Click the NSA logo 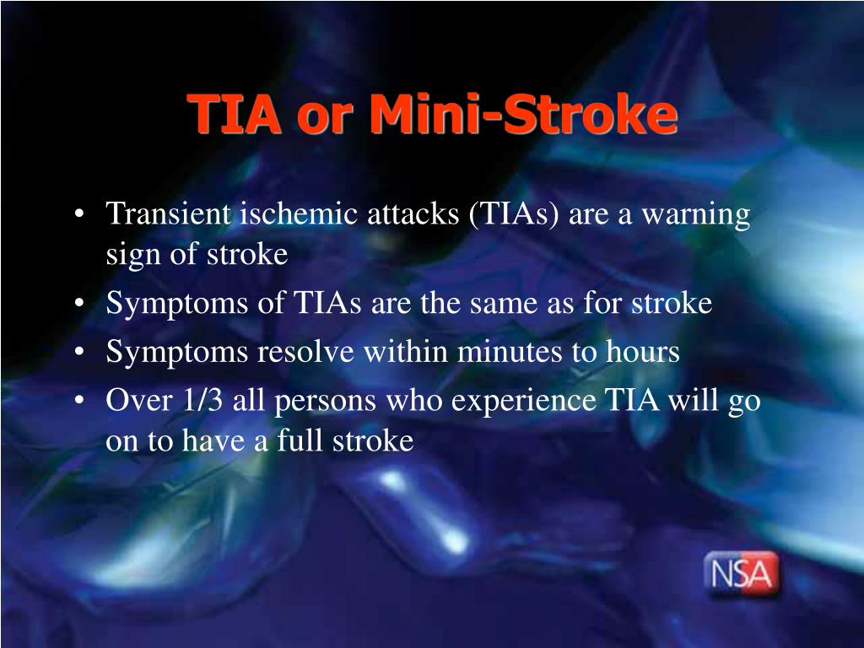[x=742, y=574]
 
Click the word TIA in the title [x=234, y=114]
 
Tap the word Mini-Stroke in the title [x=523, y=114]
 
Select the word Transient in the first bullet [x=168, y=213]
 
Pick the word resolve [x=305, y=352]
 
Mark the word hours [x=642, y=352]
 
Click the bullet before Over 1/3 [x=80, y=400]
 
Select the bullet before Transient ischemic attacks [x=80, y=213]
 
